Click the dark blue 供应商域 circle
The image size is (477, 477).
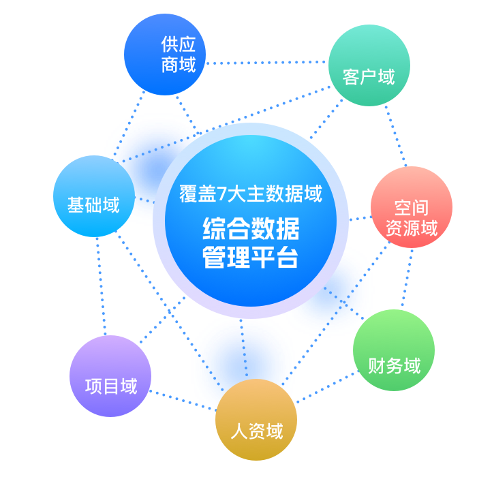pyautogui.click(x=165, y=55)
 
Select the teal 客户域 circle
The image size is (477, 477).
pyautogui.click(x=369, y=65)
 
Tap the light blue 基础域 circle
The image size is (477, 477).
pyautogui.click(x=94, y=196)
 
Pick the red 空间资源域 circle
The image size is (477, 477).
pyautogui.click(x=412, y=207)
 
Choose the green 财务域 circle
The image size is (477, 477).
pyautogui.click(x=394, y=350)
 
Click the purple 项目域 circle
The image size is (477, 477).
pyautogui.click(x=110, y=376)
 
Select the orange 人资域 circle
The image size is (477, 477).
pyautogui.click(x=256, y=420)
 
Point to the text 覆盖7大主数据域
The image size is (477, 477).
pyautogui.click(x=251, y=194)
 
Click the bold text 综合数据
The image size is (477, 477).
pyautogui.click(x=251, y=229)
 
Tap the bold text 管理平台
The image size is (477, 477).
pyautogui.click(x=250, y=258)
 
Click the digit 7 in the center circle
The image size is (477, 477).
pyautogui.click(x=222, y=194)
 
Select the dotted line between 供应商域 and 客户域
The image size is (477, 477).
pyautogui.click(x=266, y=63)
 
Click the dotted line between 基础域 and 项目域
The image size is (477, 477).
pyautogui.click(x=101, y=286)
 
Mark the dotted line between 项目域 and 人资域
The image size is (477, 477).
pyautogui.click(x=183, y=401)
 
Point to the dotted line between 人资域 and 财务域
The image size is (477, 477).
pyautogui.click(x=326, y=387)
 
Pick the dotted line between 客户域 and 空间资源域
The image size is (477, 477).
pyautogui.click(x=395, y=136)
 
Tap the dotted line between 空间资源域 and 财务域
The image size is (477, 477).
pyautogui.click(x=407, y=277)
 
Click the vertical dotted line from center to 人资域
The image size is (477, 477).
pyautogui.click(x=244, y=348)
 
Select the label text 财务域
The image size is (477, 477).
pyautogui.click(x=395, y=365)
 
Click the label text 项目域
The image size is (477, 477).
pyautogui.click(x=111, y=386)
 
